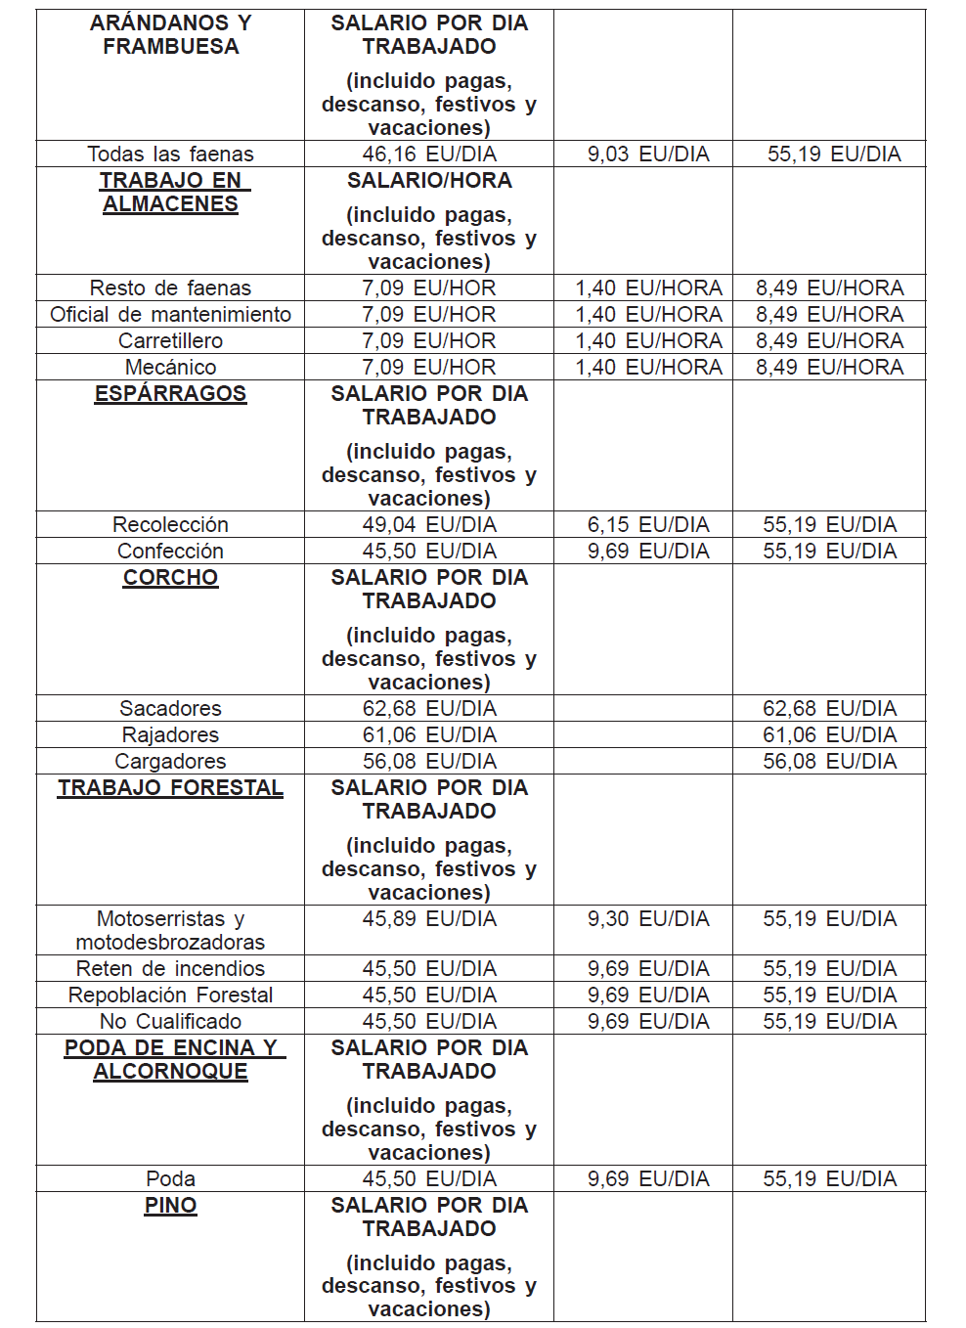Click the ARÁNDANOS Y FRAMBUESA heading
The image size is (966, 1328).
point(170,34)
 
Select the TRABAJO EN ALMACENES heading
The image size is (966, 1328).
point(170,192)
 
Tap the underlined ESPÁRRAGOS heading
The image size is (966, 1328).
point(170,393)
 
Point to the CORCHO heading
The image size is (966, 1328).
point(170,577)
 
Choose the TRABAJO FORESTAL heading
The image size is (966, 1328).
point(170,787)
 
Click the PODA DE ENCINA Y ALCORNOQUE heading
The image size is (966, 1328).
point(170,1059)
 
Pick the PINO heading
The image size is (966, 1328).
point(170,1205)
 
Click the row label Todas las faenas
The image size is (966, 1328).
point(170,154)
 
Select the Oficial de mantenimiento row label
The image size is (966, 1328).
point(170,314)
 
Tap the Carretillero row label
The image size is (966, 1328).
point(170,340)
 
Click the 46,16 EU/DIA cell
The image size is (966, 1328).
point(429,154)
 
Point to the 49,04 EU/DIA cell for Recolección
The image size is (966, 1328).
point(429,524)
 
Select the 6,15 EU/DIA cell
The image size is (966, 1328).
point(648,524)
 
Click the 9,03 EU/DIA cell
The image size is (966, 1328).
point(648,154)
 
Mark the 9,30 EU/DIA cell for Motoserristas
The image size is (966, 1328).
point(648,918)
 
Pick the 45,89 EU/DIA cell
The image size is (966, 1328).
point(429,918)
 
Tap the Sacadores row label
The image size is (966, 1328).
point(170,708)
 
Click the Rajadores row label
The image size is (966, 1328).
point(170,734)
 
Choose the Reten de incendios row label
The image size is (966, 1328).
point(170,968)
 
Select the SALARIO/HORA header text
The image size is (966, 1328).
point(429,180)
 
